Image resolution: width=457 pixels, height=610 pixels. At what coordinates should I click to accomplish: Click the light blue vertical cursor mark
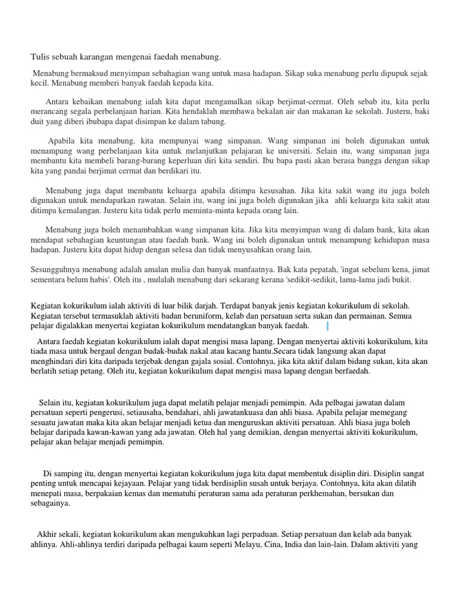[327, 326]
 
